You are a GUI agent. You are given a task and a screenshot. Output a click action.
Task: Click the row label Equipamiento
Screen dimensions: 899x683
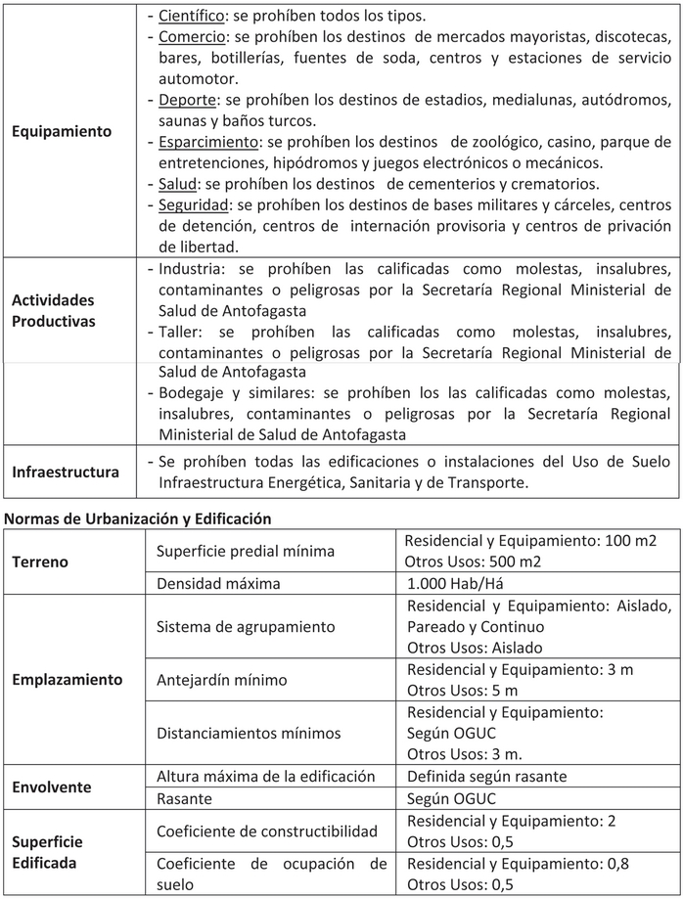point(62,131)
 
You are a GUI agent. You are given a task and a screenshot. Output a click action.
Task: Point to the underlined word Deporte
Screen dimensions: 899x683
point(188,100)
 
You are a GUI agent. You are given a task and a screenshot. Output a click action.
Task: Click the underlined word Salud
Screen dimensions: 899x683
point(178,184)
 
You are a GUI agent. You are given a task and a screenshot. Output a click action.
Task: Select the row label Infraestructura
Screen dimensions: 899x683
point(66,472)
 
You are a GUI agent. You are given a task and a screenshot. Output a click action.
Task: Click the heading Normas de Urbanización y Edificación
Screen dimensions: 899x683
point(138,517)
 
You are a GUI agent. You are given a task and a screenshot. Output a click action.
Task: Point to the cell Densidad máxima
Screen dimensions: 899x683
point(218,583)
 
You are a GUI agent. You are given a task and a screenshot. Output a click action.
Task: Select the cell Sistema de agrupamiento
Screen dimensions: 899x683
point(246,626)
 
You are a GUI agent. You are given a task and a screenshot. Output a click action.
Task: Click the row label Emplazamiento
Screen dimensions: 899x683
point(68,679)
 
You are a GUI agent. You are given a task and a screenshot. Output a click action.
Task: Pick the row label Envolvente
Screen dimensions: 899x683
point(51,787)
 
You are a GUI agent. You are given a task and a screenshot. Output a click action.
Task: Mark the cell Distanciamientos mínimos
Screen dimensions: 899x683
point(250,733)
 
